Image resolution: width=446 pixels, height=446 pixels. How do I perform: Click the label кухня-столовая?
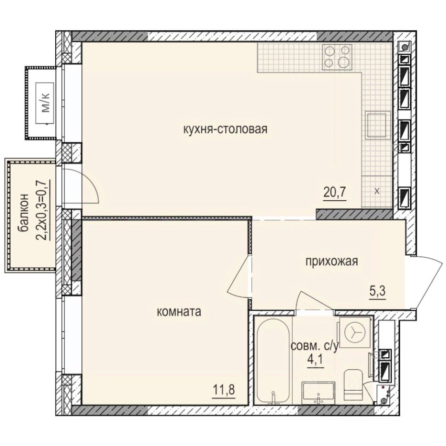225,129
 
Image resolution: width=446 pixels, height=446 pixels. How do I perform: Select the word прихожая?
331,262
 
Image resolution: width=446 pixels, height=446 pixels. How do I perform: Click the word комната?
179,312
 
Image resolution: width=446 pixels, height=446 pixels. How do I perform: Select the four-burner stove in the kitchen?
337,57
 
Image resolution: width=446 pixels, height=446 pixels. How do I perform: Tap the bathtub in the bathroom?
273,360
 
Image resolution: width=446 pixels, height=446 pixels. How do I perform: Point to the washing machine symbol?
355,331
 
